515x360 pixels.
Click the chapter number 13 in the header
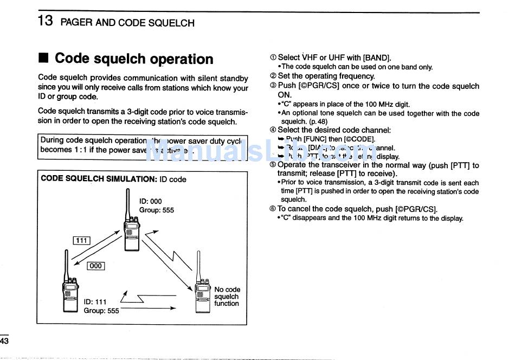click(x=45, y=22)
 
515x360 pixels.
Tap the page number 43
click(x=4, y=341)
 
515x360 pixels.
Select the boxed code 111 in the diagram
click(x=81, y=241)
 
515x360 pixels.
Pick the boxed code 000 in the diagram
click(x=95, y=266)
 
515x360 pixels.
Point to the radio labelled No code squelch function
click(x=202, y=296)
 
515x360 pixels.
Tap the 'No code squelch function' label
click(x=227, y=297)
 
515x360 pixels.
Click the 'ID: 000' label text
click(x=150, y=201)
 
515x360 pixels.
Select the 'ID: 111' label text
click(x=95, y=302)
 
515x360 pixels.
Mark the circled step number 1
click(x=273, y=57)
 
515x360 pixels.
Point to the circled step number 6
click(x=273, y=209)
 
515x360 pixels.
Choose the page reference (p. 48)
click(x=318, y=121)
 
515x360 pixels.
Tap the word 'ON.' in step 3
click(x=285, y=95)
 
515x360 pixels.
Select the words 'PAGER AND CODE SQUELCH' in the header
click(x=127, y=23)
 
